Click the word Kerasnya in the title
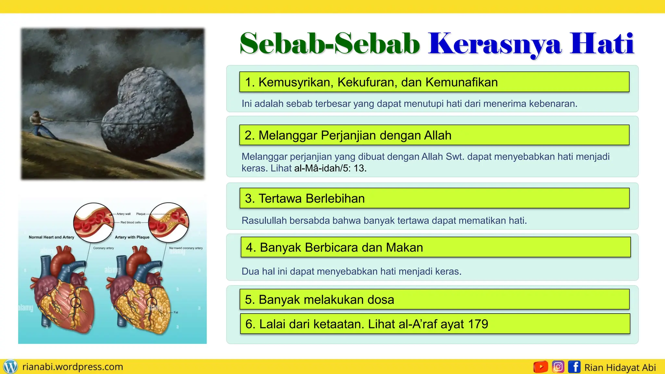pyautogui.click(x=495, y=44)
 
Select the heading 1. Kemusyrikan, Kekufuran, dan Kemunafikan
pyautogui.click(x=371, y=82)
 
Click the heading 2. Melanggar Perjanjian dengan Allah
pyautogui.click(x=348, y=135)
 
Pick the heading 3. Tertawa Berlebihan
pyautogui.click(x=305, y=198)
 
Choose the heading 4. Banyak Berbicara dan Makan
pyautogui.click(x=334, y=248)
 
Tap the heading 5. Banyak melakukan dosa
pyautogui.click(x=320, y=300)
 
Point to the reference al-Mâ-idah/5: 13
pyautogui.click(x=330, y=168)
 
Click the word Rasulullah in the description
pyautogui.click(x=264, y=221)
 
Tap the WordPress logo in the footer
pyautogui.click(x=10, y=367)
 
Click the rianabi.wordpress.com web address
pyautogui.click(x=73, y=367)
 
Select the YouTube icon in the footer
pyautogui.click(x=541, y=367)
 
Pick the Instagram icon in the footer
pyautogui.click(x=558, y=367)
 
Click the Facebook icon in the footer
pyautogui.click(x=574, y=367)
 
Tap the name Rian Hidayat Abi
pyautogui.click(x=620, y=368)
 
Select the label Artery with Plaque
pyautogui.click(x=132, y=237)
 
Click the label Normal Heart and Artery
pyautogui.click(x=51, y=237)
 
